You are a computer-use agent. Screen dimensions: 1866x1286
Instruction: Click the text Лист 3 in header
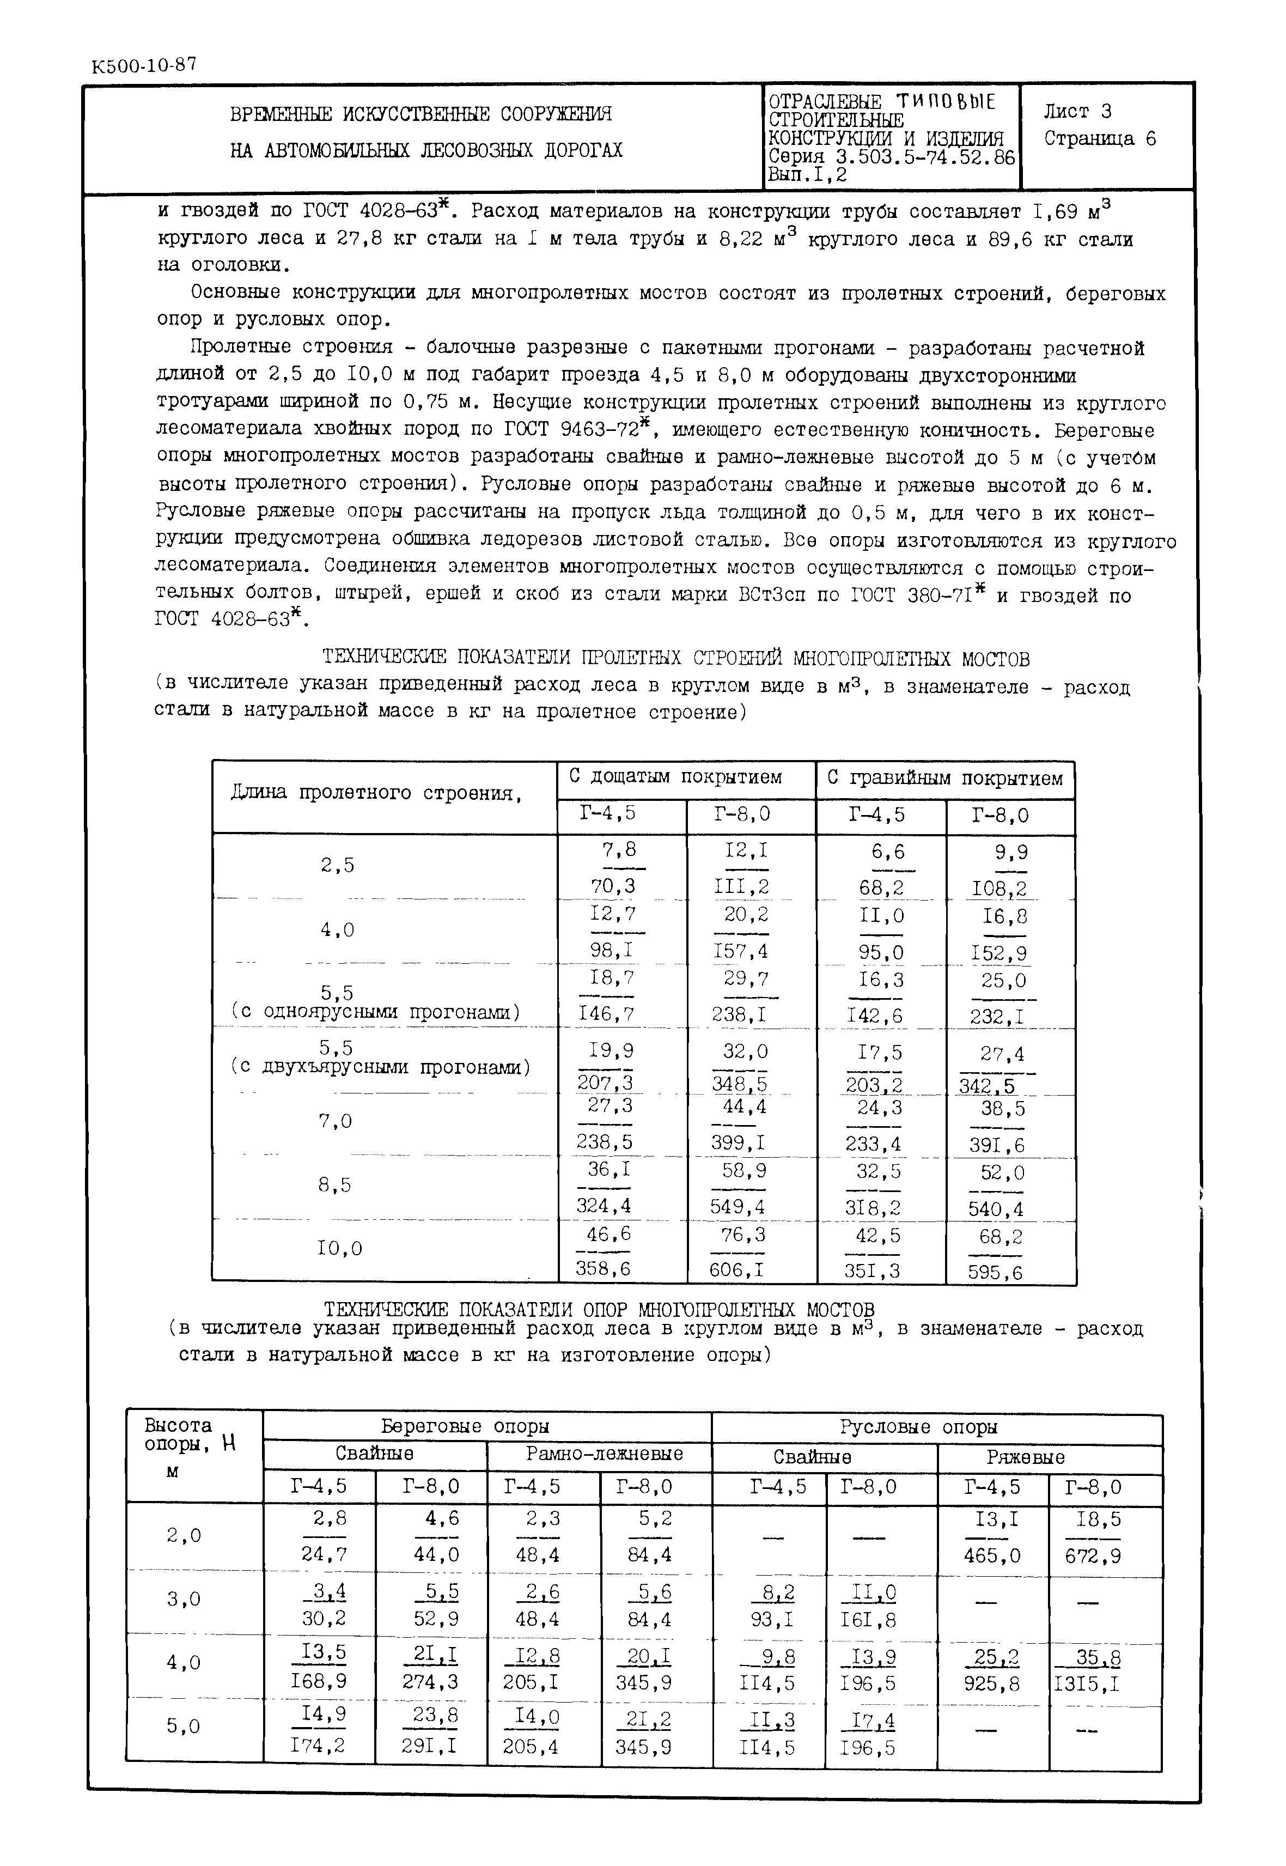[x=1077, y=111]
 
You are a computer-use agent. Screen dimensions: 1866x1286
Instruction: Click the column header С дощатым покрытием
[x=675, y=778]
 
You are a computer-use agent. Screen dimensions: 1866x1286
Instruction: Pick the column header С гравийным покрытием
[x=945, y=779]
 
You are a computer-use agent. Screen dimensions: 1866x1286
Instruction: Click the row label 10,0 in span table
[x=339, y=1249]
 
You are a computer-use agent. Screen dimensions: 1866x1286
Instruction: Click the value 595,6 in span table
[x=996, y=1272]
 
